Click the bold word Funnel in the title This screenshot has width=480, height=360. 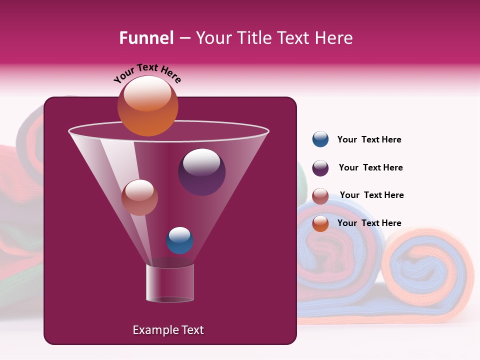146,38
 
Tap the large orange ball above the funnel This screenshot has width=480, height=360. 147,106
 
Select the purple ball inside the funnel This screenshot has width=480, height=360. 201,172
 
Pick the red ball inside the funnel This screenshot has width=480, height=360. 139,197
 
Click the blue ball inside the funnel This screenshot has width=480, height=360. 179,240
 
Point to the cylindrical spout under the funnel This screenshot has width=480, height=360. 169,283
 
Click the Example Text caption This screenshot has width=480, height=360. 168,330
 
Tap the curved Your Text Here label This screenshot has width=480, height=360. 147,72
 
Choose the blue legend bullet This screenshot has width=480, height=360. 320,139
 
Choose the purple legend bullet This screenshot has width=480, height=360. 320,168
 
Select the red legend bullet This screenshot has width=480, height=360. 320,196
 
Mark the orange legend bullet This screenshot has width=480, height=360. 320,223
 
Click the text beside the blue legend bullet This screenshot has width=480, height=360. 369,140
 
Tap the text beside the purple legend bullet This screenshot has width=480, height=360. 370,168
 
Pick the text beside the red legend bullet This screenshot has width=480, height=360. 371,195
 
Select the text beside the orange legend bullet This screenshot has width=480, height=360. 369,223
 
